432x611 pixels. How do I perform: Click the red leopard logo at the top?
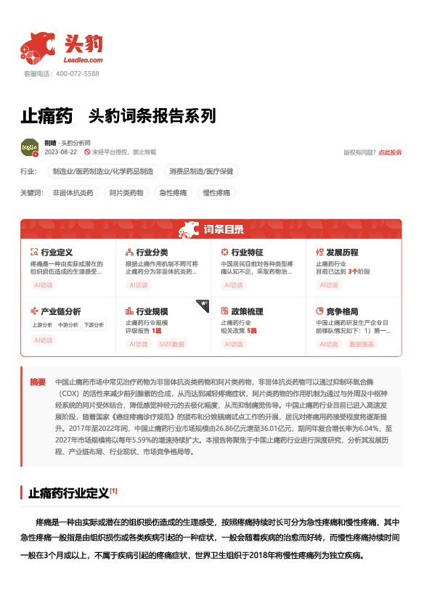(x=37, y=47)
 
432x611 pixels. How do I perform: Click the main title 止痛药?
(x=46, y=116)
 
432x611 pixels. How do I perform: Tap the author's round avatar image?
(x=30, y=147)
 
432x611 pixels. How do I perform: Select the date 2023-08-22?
(x=60, y=152)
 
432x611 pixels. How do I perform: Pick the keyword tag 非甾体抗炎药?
(x=73, y=193)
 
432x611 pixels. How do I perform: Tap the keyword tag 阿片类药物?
(x=127, y=193)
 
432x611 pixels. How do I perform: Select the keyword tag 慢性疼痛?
(x=216, y=193)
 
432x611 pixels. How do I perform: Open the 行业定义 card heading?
(x=57, y=252)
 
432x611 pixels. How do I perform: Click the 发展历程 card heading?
(x=342, y=252)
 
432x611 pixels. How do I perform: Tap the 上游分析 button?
(x=41, y=325)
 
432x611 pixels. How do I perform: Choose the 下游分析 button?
(x=93, y=325)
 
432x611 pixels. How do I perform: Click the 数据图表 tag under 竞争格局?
(x=362, y=344)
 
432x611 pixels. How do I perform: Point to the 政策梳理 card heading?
(x=247, y=311)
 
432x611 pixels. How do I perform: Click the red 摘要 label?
(x=37, y=382)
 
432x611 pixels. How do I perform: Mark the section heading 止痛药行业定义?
(x=68, y=493)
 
